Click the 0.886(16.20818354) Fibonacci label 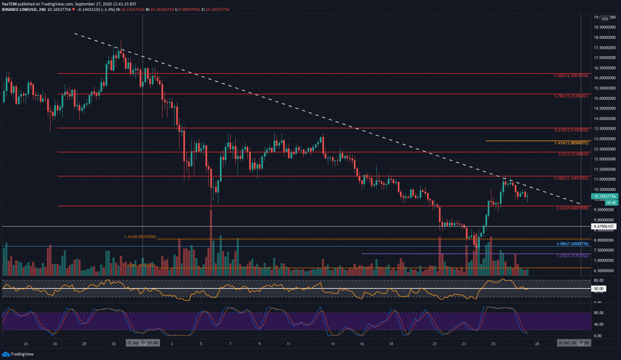click(571, 76)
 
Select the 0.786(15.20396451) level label click(571, 96)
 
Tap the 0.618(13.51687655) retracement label click(571, 131)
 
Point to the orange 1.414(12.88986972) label click(571, 143)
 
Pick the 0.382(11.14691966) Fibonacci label click(571, 178)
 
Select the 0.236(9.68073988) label click(572, 208)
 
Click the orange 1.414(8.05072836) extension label click(140, 237)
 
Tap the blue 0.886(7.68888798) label click(572, 244)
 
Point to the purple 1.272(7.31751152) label click(572, 256)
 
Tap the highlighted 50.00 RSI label click(598, 289)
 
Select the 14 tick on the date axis click(332, 344)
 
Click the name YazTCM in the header click(9, 4)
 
